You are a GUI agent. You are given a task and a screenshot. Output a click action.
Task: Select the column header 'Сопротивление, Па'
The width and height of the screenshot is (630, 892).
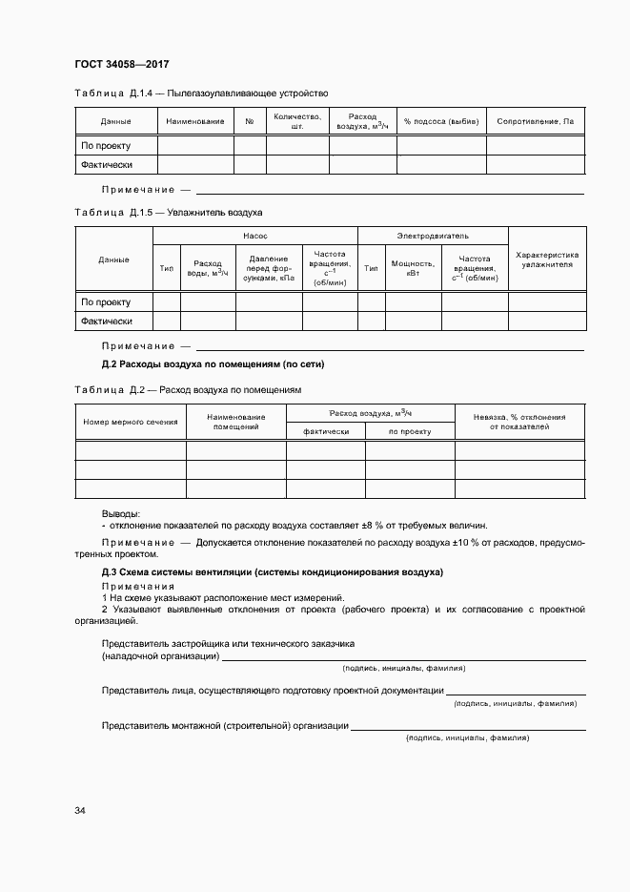(x=536, y=122)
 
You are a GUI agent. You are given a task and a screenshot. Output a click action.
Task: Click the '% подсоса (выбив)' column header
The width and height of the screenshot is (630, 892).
(x=441, y=122)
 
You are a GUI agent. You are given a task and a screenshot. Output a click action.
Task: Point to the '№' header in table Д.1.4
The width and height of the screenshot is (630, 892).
(x=250, y=122)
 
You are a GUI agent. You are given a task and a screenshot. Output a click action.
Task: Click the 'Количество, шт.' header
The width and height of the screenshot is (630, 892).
(x=297, y=121)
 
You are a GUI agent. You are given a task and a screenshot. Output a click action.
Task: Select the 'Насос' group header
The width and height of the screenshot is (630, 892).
(x=255, y=235)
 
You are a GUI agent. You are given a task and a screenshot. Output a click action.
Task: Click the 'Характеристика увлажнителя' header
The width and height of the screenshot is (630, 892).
(x=547, y=259)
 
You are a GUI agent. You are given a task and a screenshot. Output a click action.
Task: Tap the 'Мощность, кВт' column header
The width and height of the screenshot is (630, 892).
(x=413, y=268)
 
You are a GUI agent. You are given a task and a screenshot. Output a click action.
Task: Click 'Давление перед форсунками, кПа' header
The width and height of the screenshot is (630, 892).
(x=269, y=268)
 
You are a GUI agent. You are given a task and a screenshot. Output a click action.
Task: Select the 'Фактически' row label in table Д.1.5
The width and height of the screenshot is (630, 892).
(x=106, y=322)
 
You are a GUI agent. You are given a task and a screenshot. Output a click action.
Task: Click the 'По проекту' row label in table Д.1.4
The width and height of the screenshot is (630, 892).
(x=105, y=146)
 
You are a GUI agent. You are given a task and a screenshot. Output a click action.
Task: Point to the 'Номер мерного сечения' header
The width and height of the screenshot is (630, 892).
(x=131, y=422)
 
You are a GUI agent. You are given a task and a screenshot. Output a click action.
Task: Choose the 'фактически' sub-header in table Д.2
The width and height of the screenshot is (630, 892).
(x=326, y=431)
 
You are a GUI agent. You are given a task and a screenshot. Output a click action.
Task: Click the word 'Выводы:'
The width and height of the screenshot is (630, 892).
(x=121, y=513)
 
